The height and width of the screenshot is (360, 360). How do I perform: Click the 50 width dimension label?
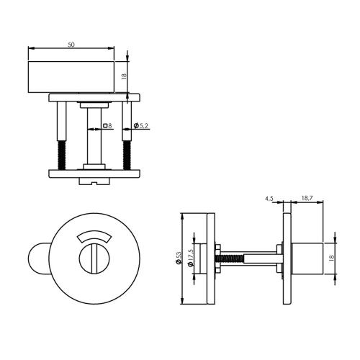pyautogui.click(x=71, y=45)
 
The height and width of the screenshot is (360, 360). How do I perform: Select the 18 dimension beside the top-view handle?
pyautogui.click(x=123, y=75)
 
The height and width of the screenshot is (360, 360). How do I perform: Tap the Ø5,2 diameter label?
pyautogui.click(x=140, y=126)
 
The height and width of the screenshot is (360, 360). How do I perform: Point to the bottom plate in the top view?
pyautogui.click(x=94, y=173)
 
